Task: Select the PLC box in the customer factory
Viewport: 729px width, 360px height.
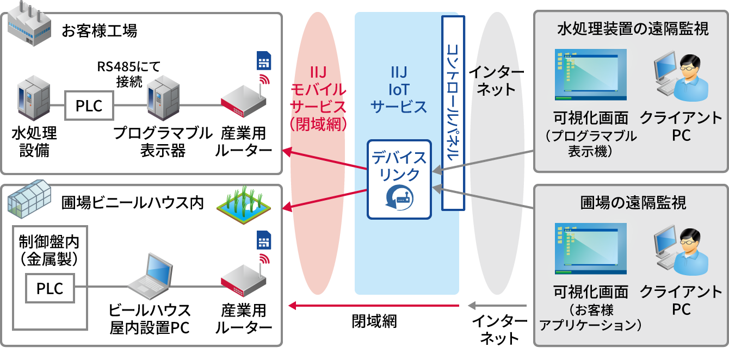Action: click(89, 106)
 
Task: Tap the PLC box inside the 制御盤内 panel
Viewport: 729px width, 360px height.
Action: click(50, 288)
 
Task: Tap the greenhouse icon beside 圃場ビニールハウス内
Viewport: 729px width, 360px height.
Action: click(30, 200)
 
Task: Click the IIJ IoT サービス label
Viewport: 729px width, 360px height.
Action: click(399, 90)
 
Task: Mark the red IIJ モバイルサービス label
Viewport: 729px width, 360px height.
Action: click(318, 98)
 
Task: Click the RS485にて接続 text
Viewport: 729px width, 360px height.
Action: click(129, 75)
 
